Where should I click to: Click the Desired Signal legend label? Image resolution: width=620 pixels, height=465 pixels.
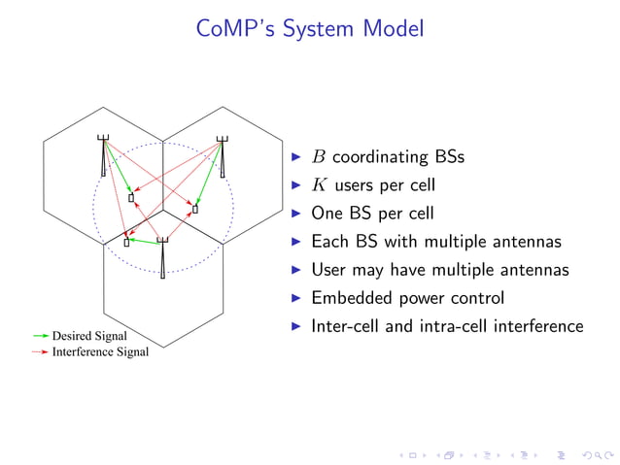point(89,336)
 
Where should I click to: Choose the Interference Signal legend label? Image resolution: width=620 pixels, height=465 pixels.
point(100,351)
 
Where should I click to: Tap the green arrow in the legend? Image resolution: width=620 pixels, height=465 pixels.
point(40,336)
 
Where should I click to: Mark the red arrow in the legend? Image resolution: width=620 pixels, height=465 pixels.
point(40,351)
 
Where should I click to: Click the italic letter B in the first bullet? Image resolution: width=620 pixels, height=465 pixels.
point(319,156)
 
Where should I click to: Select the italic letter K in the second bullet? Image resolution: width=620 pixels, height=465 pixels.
point(320,184)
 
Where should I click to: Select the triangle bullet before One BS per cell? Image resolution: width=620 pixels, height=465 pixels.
point(296,213)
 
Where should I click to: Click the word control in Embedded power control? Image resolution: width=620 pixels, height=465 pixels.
point(473,298)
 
